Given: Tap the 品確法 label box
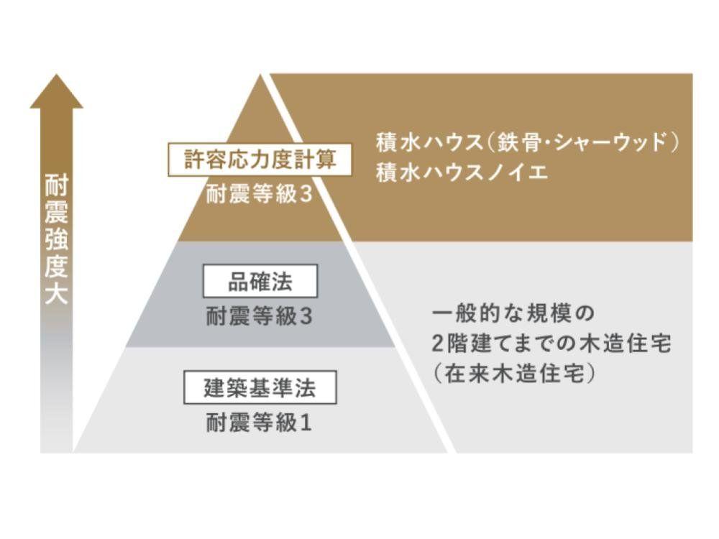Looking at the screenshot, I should tap(260, 282).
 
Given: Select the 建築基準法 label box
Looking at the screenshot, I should tap(260, 389).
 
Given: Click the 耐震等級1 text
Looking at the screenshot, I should tap(260, 423).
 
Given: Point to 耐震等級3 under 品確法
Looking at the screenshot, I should tap(260, 316).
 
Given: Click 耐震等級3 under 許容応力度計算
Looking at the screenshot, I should tap(260, 194).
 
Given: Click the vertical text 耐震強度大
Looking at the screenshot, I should tap(56, 237).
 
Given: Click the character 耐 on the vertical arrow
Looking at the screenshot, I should tap(56, 185).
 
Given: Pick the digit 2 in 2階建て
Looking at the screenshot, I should tap(439, 345).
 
